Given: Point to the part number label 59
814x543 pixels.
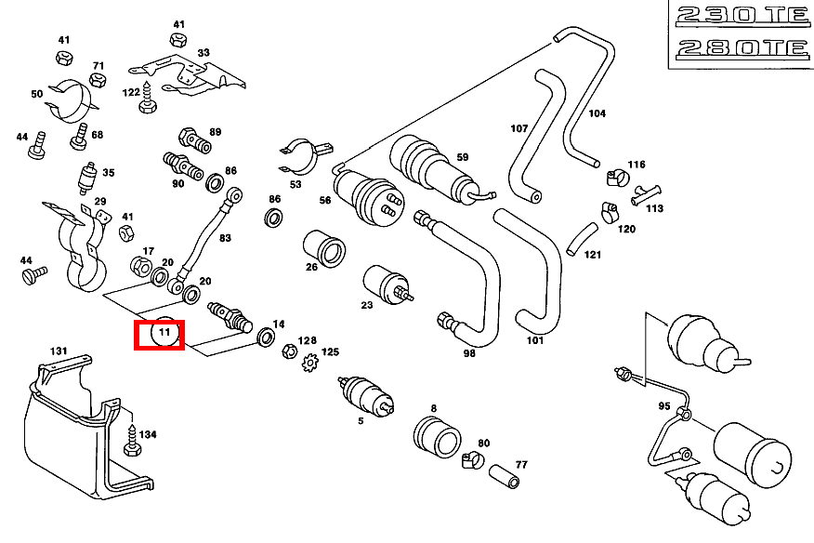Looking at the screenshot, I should pyautogui.click(x=462, y=157).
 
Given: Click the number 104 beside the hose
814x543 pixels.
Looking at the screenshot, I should pyautogui.click(x=597, y=113).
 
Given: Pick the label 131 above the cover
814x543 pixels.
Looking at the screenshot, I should pyautogui.click(x=59, y=351).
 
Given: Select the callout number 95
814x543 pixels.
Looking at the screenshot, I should pyautogui.click(x=663, y=406).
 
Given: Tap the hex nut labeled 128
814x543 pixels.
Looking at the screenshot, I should pyautogui.click(x=288, y=353).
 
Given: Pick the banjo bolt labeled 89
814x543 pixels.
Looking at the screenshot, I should pyautogui.click(x=194, y=140).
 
